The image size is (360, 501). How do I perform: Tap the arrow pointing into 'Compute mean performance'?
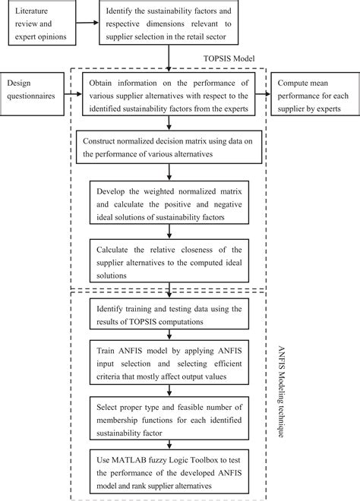pyautogui.click(x=265, y=94)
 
